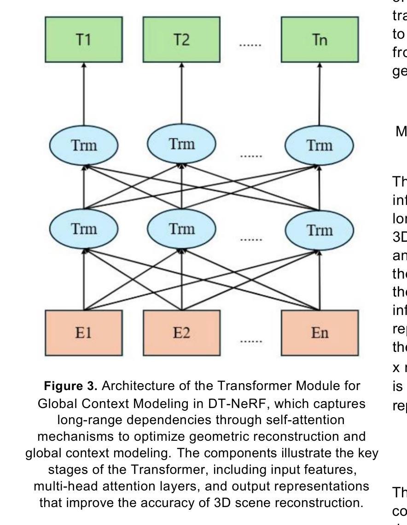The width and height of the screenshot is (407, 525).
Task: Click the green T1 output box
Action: (x=84, y=40)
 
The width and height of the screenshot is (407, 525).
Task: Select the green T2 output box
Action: (x=181, y=40)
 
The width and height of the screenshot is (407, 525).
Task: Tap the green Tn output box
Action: (x=320, y=40)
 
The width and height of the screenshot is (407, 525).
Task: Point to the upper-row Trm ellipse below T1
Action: (x=84, y=145)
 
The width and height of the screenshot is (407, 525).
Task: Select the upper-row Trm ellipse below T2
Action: (x=181, y=144)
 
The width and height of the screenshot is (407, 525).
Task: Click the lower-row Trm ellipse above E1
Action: (x=84, y=229)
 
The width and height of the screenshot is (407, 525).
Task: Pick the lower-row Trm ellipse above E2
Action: (x=181, y=229)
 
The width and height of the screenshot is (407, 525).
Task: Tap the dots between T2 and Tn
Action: (x=250, y=45)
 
